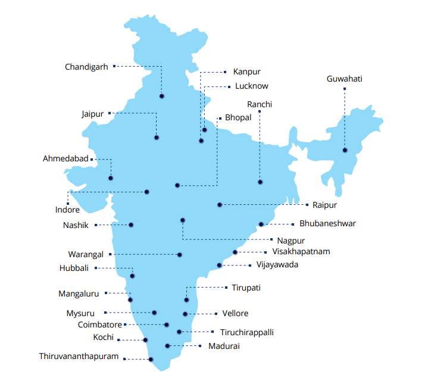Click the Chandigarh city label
(x=86, y=67)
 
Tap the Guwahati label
(x=345, y=79)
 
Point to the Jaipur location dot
(x=157, y=138)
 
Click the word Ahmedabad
(x=65, y=159)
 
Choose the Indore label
(x=67, y=210)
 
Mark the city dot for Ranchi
(x=260, y=182)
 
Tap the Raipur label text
(x=324, y=205)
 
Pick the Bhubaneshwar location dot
(x=261, y=224)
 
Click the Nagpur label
(x=292, y=241)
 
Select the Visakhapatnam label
(x=301, y=252)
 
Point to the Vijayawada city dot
(x=220, y=265)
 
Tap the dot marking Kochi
(x=146, y=341)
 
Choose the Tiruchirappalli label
(x=246, y=332)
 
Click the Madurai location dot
(x=168, y=346)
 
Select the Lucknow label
(x=251, y=86)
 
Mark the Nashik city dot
(x=131, y=225)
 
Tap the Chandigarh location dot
(x=162, y=96)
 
